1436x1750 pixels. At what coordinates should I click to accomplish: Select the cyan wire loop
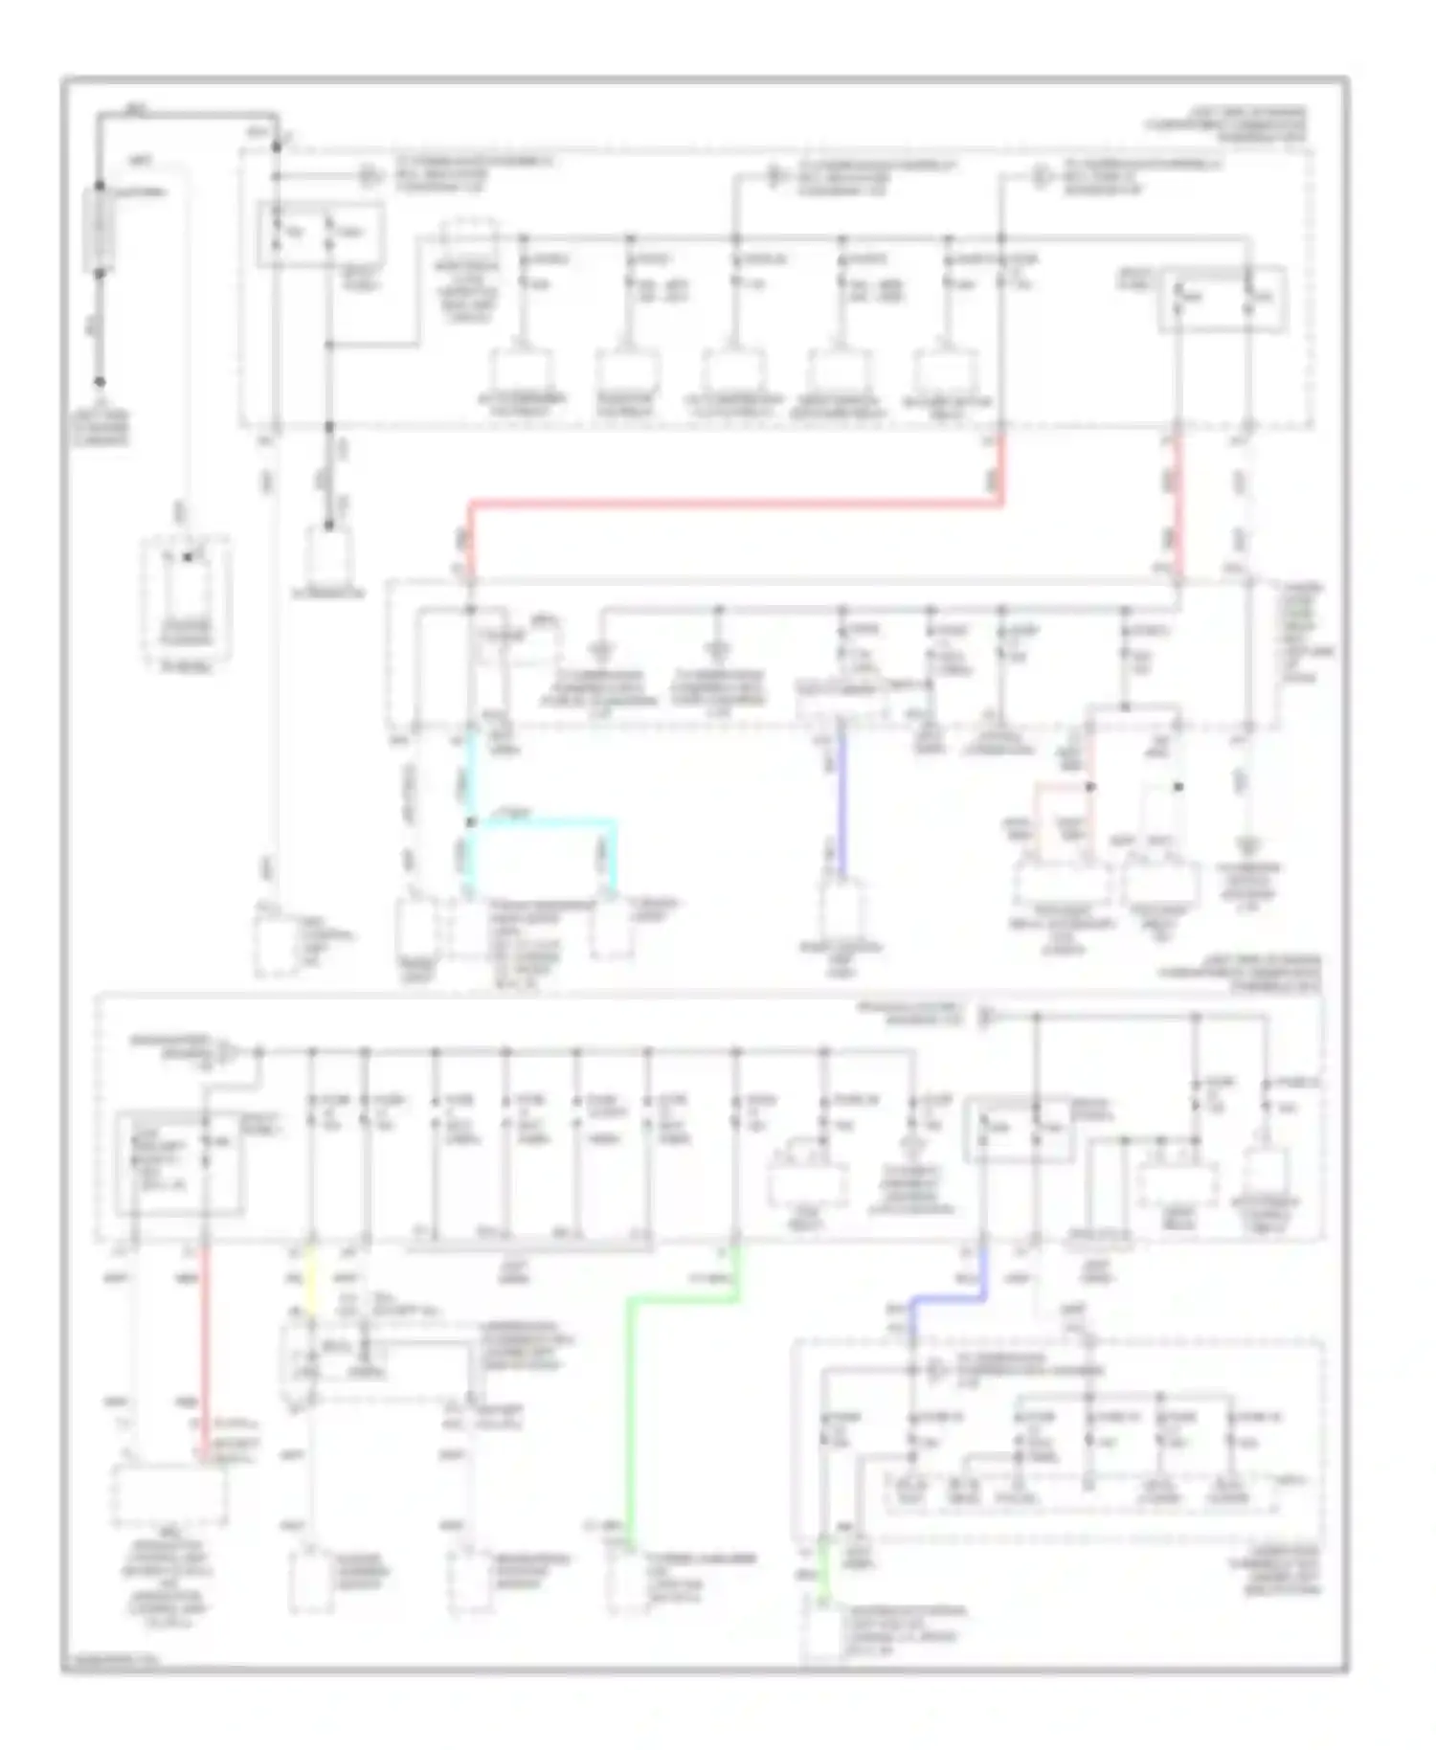[542, 822]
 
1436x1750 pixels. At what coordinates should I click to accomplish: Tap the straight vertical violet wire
[841, 804]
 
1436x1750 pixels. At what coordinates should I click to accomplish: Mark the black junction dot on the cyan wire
[470, 822]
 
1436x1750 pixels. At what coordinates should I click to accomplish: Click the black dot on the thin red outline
[1090, 787]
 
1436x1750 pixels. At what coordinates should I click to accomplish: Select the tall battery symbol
[100, 230]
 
